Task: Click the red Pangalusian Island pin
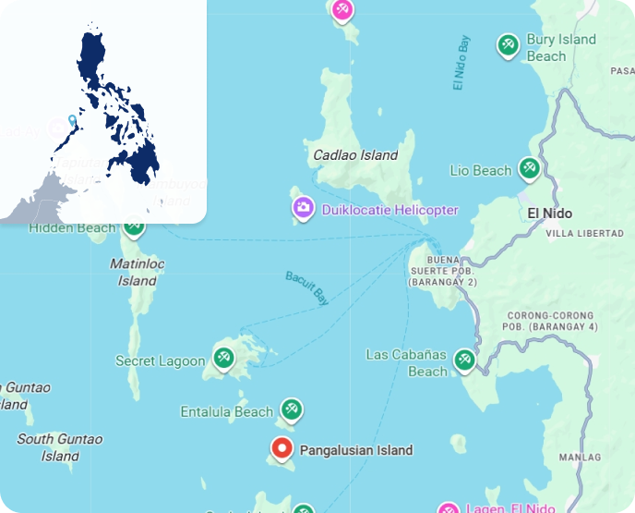282,449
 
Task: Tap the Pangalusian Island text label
356,451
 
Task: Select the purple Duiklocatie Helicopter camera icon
303,209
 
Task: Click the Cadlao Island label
355,155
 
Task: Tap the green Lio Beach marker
529,169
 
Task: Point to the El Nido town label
549,214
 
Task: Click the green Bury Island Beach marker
507,44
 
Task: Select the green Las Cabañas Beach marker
464,359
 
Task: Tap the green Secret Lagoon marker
223,358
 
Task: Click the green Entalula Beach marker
292,409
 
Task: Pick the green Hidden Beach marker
134,225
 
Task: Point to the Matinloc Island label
137,272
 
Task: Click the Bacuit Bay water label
307,288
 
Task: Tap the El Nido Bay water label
462,63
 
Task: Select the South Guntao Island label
60,447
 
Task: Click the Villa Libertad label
585,234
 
